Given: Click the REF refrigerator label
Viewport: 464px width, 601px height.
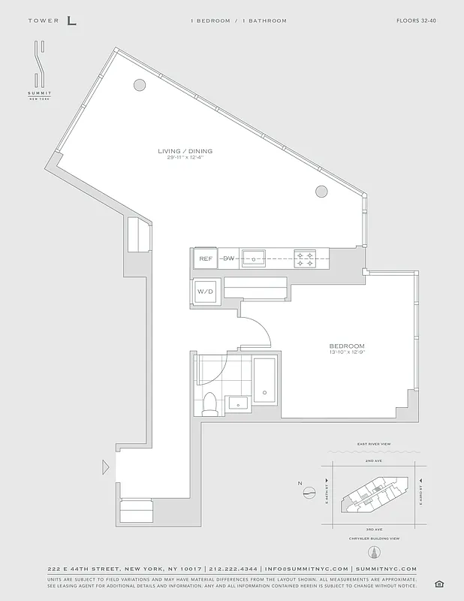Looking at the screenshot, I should (x=206, y=258).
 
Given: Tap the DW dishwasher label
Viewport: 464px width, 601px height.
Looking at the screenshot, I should (x=228, y=258).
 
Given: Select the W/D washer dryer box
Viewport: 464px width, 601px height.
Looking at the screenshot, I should (x=206, y=291).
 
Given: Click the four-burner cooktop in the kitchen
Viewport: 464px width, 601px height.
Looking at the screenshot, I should (x=304, y=258).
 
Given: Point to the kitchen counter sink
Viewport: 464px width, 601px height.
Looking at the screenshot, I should (x=254, y=258).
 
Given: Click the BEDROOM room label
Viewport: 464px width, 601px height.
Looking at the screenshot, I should (x=346, y=345).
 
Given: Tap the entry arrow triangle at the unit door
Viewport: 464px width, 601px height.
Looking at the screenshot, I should (x=106, y=467).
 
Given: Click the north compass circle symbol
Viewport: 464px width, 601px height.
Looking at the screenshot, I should (x=308, y=493).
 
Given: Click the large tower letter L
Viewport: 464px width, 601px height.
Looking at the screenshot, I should (x=71, y=20).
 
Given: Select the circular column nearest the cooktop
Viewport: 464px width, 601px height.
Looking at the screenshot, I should (x=321, y=192).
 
